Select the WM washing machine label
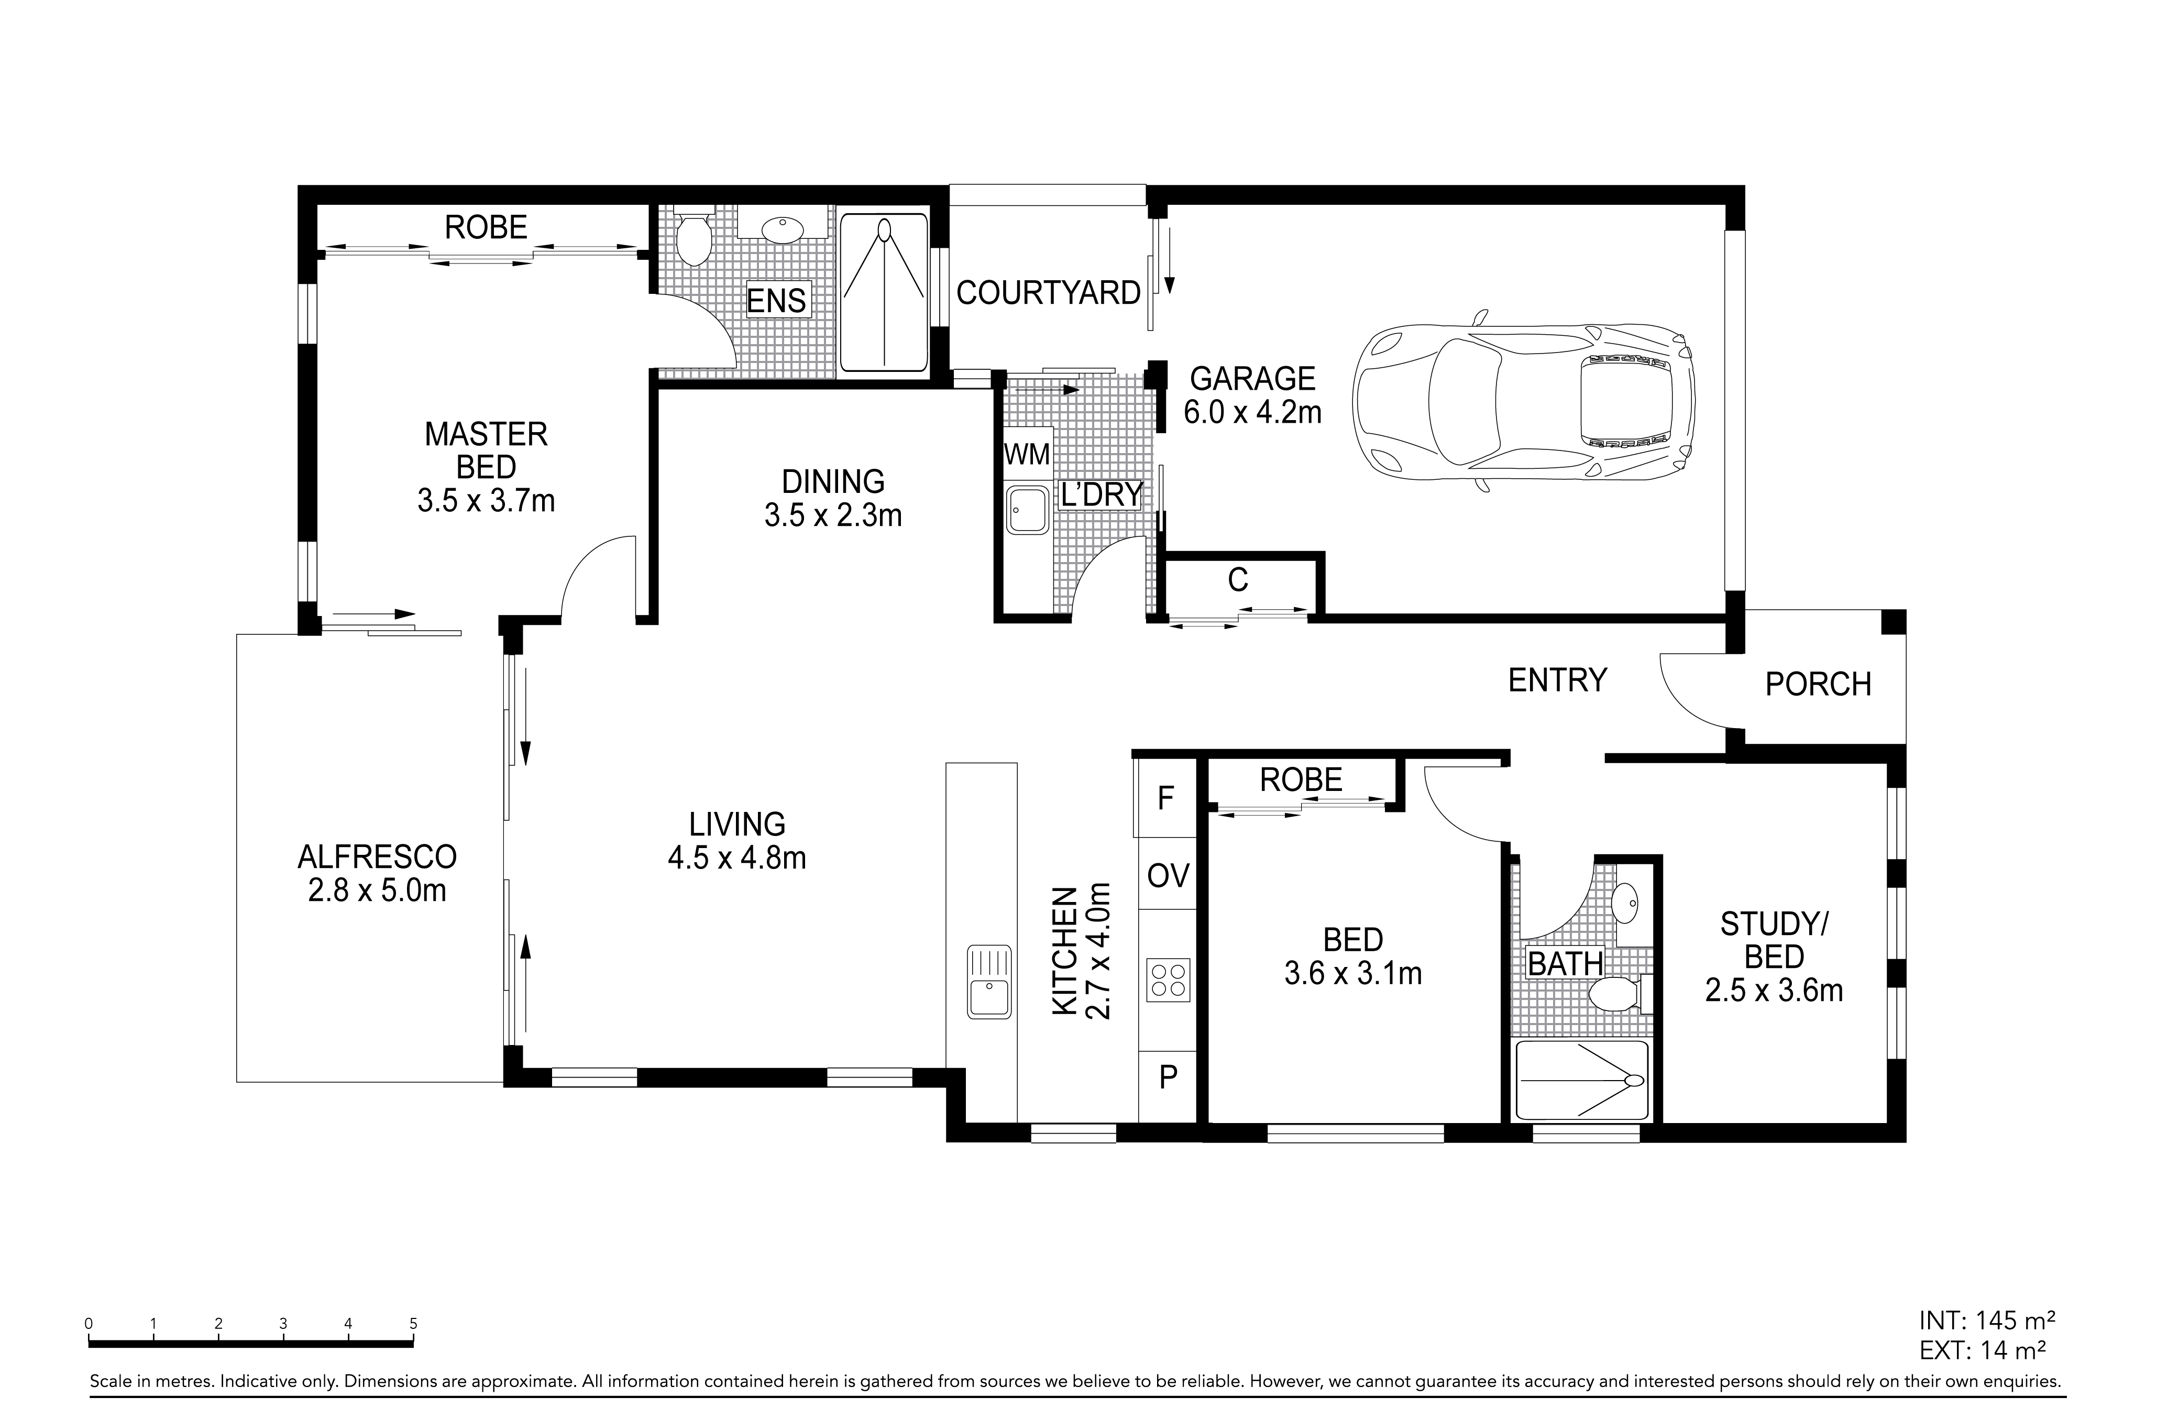pos(1027,454)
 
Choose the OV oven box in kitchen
pos(1168,874)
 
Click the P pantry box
pos(1168,1077)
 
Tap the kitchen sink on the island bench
pos(989,981)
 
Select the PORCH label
pos(1818,684)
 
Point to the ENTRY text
pos(1557,679)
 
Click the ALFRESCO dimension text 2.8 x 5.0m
pos(377,890)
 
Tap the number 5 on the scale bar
pos(413,1324)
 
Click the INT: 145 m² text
pos(1982,1345)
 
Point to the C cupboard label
pos(1238,580)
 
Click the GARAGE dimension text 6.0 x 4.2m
pos(1252,412)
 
